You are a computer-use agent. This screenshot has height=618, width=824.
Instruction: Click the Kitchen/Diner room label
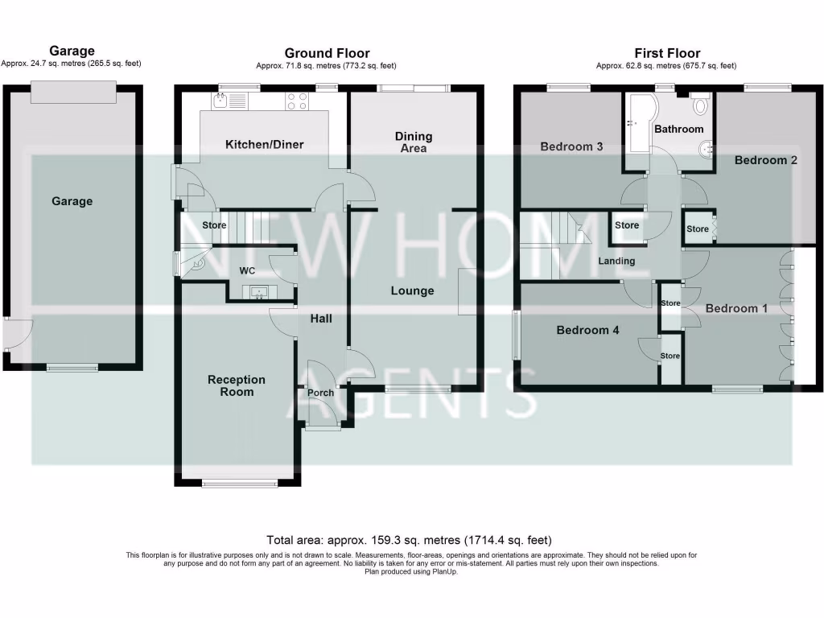click(264, 145)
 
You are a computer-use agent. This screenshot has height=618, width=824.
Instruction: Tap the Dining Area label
click(414, 142)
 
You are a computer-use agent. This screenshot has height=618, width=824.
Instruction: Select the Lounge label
click(414, 290)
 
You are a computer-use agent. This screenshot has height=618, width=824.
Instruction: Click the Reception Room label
click(236, 385)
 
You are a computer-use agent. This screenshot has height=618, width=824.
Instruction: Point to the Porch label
click(320, 393)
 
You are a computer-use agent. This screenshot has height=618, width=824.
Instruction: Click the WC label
click(246, 271)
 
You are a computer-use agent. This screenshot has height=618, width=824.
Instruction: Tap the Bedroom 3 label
click(571, 146)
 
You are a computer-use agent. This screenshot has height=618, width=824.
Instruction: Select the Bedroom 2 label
click(765, 160)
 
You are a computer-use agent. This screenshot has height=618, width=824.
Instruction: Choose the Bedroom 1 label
click(731, 308)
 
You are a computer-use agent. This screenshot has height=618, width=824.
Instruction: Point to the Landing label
click(616, 261)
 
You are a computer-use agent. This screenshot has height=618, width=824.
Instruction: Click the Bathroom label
click(678, 129)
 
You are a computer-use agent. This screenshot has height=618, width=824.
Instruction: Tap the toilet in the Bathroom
click(700, 104)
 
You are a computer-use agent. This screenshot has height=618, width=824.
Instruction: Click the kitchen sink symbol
click(229, 101)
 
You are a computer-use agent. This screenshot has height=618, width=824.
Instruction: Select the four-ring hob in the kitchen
click(297, 101)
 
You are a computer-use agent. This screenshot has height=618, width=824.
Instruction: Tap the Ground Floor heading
click(327, 54)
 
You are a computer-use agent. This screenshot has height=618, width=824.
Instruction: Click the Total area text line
click(409, 540)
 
